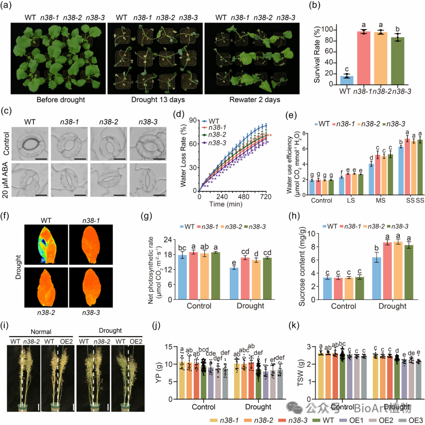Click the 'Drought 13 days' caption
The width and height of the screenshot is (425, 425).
point(155,100)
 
